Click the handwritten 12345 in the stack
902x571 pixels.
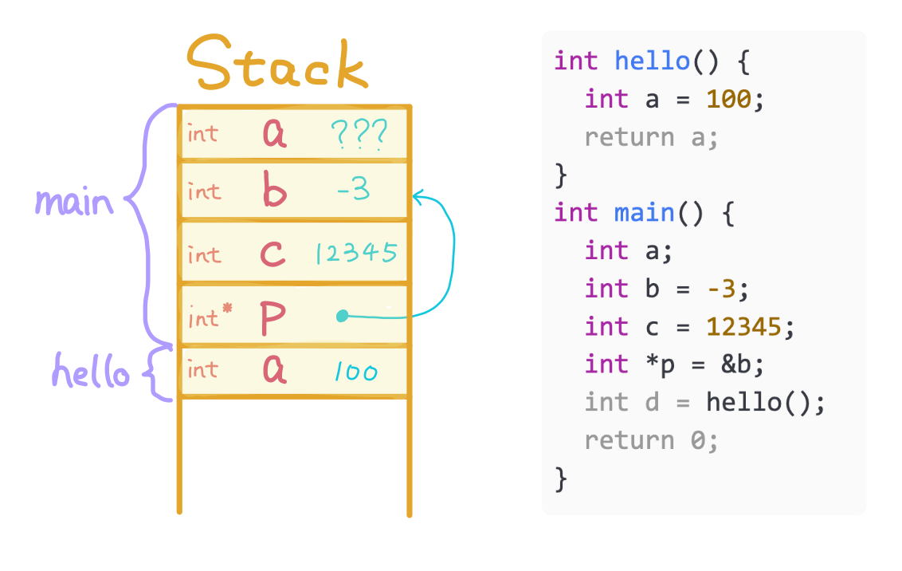(x=355, y=254)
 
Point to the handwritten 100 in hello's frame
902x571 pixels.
(x=356, y=372)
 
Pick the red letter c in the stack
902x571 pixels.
(x=273, y=254)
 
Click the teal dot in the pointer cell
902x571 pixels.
(x=342, y=317)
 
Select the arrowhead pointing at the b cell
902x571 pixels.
(x=418, y=195)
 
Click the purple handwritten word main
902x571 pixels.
(x=74, y=202)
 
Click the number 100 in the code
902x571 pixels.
(x=728, y=99)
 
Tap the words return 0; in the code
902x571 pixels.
(x=651, y=440)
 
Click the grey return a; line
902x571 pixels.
(x=651, y=137)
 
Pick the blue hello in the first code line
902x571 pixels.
(x=653, y=61)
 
